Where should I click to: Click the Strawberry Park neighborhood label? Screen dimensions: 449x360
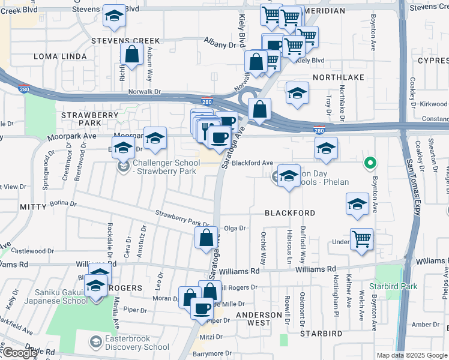coord(82,118)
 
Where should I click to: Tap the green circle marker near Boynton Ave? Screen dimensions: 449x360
coord(371,163)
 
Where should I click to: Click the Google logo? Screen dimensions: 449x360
coord(19,353)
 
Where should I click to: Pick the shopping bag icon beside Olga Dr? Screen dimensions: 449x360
coord(206,237)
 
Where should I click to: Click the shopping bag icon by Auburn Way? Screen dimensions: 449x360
coord(131,55)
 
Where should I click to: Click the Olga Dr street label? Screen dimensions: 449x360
coord(235,228)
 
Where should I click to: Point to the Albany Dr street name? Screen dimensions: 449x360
coord(220,45)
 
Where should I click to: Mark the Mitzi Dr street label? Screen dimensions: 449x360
coord(214,338)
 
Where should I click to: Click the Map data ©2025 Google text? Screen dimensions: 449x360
coord(412,355)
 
